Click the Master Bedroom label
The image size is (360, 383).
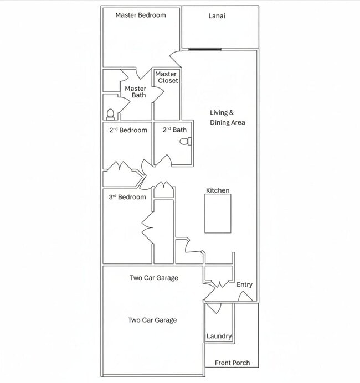(141, 15)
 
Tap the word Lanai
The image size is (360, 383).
(217, 16)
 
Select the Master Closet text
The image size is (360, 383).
(167, 77)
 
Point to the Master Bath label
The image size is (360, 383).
(135, 92)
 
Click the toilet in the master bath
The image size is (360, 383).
(110, 115)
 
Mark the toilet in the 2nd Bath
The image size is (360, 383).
(186, 142)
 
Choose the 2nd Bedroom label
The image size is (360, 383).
(128, 130)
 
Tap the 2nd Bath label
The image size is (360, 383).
(174, 130)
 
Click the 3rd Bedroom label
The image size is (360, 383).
(127, 197)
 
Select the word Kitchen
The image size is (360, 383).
(218, 190)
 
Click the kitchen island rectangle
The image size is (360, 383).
(218, 214)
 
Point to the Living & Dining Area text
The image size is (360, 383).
(228, 117)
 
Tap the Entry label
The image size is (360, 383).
(244, 284)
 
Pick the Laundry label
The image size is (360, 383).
(219, 336)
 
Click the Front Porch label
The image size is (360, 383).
(233, 363)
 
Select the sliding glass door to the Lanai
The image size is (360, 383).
(205, 50)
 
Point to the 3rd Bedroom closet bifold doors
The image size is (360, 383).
(147, 228)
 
